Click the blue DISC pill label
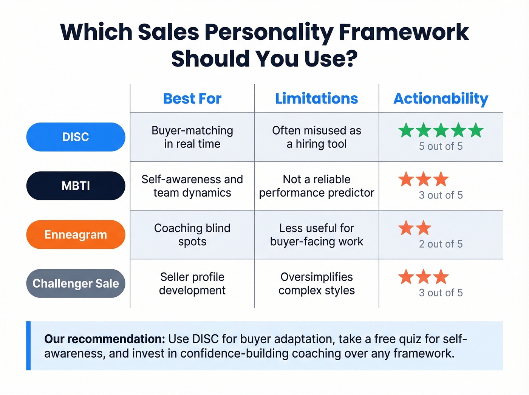(76, 137)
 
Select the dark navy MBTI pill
(76, 186)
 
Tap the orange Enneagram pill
(76, 234)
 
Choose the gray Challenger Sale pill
(76, 283)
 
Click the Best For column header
(192, 99)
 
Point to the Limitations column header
(316, 99)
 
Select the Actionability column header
(441, 99)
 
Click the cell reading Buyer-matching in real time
(192, 137)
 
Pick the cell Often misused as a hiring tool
(316, 137)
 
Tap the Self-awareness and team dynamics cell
(192, 186)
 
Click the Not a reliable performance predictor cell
(316, 186)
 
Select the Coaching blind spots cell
(192, 234)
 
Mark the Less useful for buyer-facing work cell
(316, 234)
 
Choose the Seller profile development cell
(192, 283)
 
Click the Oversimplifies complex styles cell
(316, 283)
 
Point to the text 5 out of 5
(441, 146)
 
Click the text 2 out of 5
(441, 244)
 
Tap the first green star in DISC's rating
(406, 130)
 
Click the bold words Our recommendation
(105, 339)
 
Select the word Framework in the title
(404, 32)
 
